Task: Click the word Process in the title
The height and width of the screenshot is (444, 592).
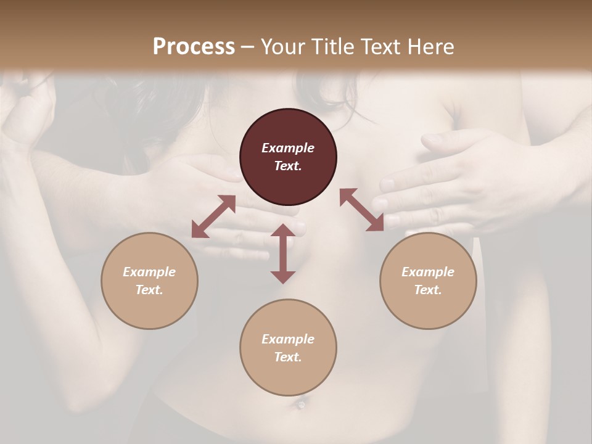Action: (x=194, y=46)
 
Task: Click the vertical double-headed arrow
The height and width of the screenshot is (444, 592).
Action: (x=283, y=253)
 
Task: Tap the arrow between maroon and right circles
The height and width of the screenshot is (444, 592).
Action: (x=361, y=210)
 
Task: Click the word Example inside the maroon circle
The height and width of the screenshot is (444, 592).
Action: (x=288, y=148)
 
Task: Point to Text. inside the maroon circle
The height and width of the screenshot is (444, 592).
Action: (x=288, y=166)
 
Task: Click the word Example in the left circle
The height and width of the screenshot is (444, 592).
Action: (x=149, y=272)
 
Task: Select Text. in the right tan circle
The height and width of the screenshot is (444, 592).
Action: (x=428, y=290)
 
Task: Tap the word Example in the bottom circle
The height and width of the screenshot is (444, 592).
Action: (x=288, y=339)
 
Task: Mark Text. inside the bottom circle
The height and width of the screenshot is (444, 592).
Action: (x=288, y=357)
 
